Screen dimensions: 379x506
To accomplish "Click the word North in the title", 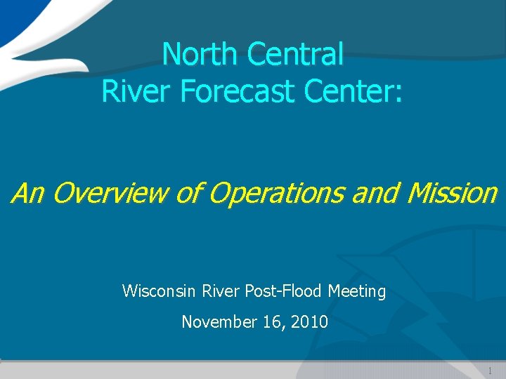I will pos(197,54).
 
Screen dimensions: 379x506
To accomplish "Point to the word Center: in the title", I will pos(356,91).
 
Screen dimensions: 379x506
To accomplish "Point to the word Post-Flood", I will pos(285,291).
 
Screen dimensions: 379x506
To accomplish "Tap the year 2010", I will pos(311,322).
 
